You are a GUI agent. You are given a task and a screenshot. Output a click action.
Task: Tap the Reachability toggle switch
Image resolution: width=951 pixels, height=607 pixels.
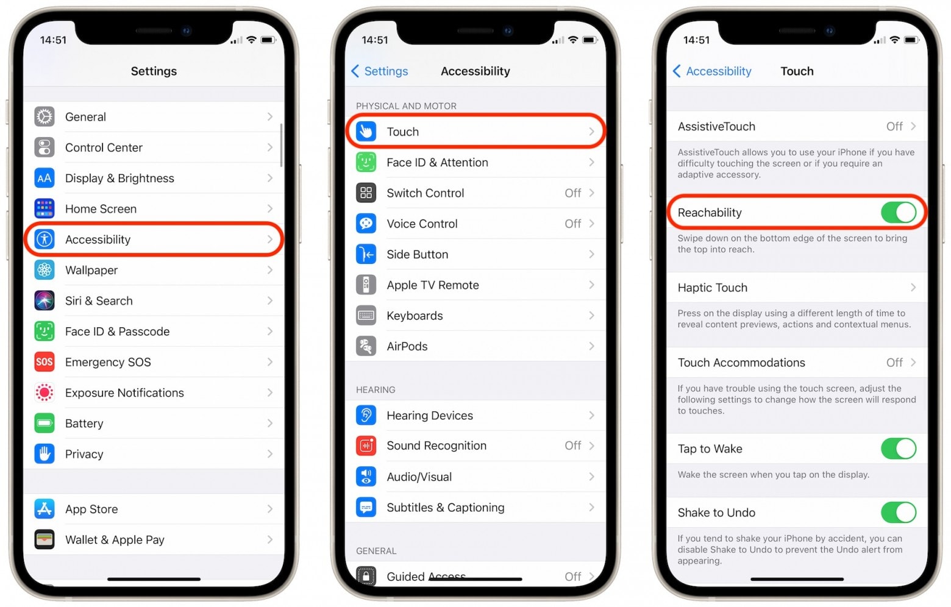click(x=898, y=213)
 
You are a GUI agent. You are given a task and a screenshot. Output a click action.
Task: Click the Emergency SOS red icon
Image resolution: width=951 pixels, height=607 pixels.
click(x=45, y=362)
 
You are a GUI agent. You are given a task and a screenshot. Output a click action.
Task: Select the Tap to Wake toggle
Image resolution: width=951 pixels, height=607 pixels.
click(x=898, y=449)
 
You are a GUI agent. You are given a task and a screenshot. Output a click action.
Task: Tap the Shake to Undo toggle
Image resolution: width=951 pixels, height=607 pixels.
click(x=898, y=513)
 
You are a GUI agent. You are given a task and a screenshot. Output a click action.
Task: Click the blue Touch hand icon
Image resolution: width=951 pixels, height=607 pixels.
click(x=366, y=132)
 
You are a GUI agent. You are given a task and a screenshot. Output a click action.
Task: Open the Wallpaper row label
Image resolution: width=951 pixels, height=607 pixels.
click(x=91, y=270)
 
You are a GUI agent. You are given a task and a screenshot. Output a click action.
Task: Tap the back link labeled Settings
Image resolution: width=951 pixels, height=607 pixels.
click(x=380, y=71)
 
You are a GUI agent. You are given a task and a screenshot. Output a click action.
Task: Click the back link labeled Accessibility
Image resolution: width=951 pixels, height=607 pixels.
click(x=712, y=71)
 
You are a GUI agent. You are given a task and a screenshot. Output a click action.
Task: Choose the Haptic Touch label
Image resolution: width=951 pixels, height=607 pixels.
click(x=712, y=288)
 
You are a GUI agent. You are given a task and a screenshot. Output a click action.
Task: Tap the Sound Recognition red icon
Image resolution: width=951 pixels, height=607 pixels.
click(x=366, y=446)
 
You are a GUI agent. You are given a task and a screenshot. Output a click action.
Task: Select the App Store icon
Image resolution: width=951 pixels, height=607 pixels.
click(x=45, y=509)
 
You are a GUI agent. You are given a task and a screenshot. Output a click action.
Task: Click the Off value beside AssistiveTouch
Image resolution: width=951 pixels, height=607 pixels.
click(x=894, y=126)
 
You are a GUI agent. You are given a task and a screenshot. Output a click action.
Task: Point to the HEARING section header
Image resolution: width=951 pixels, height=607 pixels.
click(x=376, y=389)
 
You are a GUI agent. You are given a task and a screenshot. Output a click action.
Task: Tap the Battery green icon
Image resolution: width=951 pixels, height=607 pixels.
click(x=45, y=423)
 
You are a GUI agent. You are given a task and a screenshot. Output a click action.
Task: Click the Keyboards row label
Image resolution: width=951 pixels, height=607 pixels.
click(x=415, y=316)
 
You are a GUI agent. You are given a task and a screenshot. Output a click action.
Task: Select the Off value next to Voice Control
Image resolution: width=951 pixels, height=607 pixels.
click(x=572, y=224)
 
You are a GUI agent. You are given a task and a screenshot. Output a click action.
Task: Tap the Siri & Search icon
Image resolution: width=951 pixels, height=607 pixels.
click(x=45, y=300)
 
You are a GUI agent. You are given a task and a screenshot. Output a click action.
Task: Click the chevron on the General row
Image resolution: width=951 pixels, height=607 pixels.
click(x=269, y=116)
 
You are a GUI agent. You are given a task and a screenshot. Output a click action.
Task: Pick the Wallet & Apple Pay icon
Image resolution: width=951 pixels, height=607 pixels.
click(x=45, y=539)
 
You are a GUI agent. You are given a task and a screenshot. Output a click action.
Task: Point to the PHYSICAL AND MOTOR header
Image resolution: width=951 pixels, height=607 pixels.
click(x=406, y=106)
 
